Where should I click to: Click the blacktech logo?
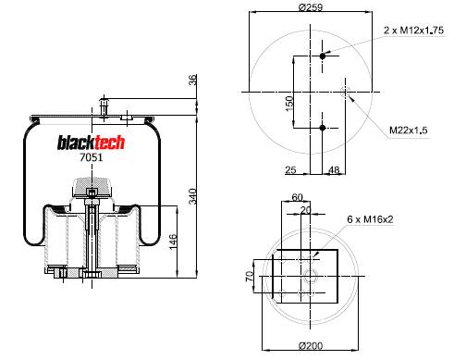pyautogui.click(x=91, y=143)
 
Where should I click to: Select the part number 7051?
pyautogui.click(x=91, y=157)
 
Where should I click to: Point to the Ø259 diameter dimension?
pyautogui.click(x=311, y=7)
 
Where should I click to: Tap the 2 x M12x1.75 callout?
pyautogui.click(x=413, y=31)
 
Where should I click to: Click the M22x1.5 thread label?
pyautogui.click(x=409, y=130)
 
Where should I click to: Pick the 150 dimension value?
pyautogui.click(x=288, y=104)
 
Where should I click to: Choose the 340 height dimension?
pyautogui.click(x=192, y=196)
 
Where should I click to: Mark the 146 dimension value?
pyautogui.click(x=173, y=242)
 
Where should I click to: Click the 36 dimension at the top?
pyautogui.click(x=192, y=81)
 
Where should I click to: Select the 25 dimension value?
pyautogui.click(x=290, y=169)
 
